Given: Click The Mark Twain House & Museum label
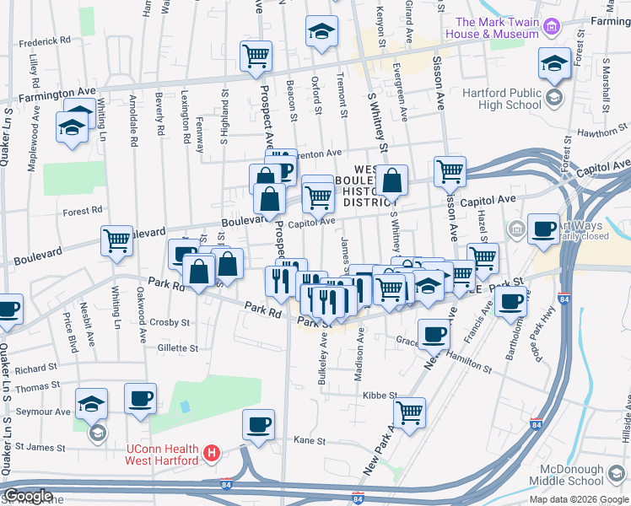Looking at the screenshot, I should [x=496, y=28].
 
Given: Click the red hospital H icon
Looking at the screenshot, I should [x=213, y=453].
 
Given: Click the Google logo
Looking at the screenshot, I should [x=28, y=497].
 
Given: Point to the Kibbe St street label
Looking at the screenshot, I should [x=380, y=395].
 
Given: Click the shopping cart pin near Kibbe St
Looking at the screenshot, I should [x=409, y=412].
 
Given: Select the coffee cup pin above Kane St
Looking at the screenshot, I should [x=258, y=423].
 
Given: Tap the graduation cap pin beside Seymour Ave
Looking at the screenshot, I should [x=91, y=403].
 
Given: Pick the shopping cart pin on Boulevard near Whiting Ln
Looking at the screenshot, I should [x=116, y=240].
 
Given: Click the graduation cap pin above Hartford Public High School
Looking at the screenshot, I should [x=554, y=63].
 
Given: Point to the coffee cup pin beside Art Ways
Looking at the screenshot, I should [x=542, y=227].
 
